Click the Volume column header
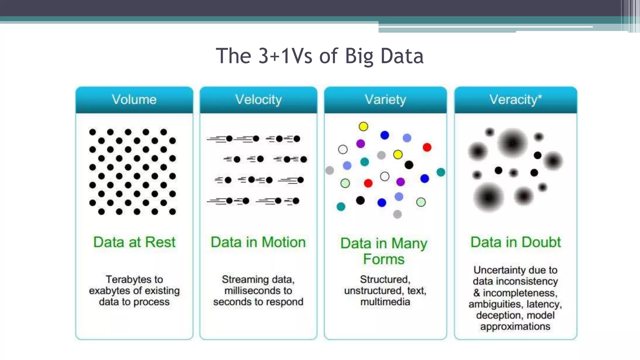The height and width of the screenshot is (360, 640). tap(134, 100)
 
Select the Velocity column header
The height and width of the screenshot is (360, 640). tap(258, 100)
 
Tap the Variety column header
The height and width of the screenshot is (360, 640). tap(385, 100)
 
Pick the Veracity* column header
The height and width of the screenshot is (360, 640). tap(515, 100)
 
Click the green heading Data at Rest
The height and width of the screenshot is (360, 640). tap(134, 242)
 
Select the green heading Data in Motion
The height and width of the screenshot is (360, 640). tap(258, 242)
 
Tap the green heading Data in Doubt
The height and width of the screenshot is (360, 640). tap(516, 242)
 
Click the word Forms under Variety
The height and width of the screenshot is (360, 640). tap(384, 259)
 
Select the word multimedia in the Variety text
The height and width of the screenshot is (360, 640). tap(385, 302)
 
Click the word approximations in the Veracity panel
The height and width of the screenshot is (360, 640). tap(515, 327)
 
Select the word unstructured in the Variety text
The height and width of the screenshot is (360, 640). tap(372, 291)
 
